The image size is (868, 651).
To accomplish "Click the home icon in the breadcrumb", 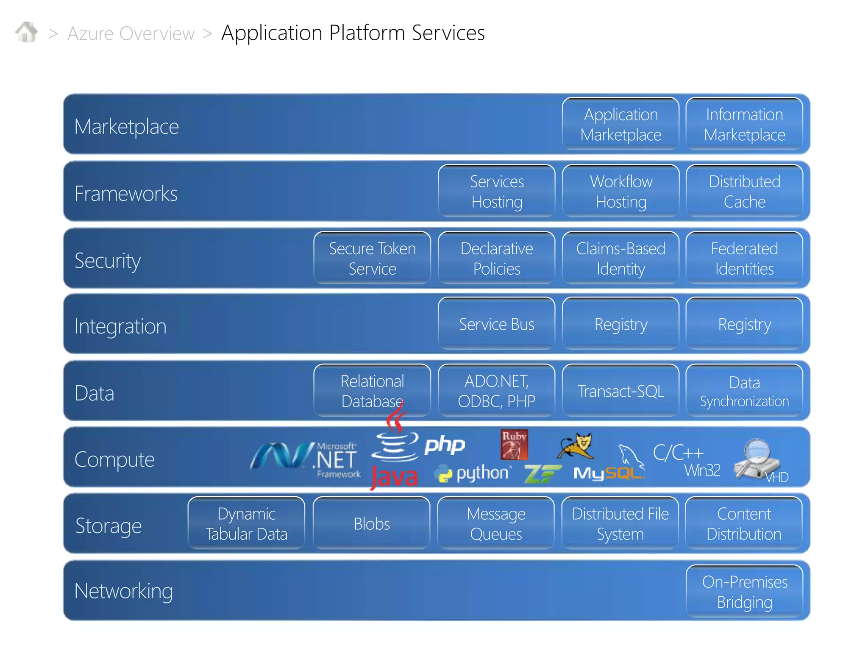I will [x=27, y=32].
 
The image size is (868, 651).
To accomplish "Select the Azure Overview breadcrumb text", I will [x=131, y=33].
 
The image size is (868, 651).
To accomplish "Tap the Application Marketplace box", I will [x=620, y=124].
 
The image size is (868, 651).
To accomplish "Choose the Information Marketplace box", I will [x=744, y=124].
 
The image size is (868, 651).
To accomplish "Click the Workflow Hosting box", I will [x=620, y=191].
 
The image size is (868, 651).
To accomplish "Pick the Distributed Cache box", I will [x=744, y=191].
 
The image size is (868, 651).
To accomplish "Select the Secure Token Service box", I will [x=372, y=258].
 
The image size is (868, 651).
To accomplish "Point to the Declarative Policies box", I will [x=496, y=258].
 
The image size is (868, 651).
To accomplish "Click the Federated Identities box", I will [x=744, y=258].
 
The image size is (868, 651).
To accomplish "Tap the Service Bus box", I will [x=496, y=324].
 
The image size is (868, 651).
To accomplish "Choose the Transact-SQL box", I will [x=620, y=391].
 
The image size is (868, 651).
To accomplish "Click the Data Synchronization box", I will [x=744, y=391].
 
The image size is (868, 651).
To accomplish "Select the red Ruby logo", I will [x=514, y=445].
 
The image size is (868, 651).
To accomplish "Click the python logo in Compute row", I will [x=473, y=473].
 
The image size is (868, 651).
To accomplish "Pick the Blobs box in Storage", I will [x=371, y=524].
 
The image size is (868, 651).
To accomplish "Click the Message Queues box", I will [x=495, y=524].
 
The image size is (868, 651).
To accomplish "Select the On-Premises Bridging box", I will [x=744, y=592].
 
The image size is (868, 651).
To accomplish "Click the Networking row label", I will [x=123, y=591].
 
